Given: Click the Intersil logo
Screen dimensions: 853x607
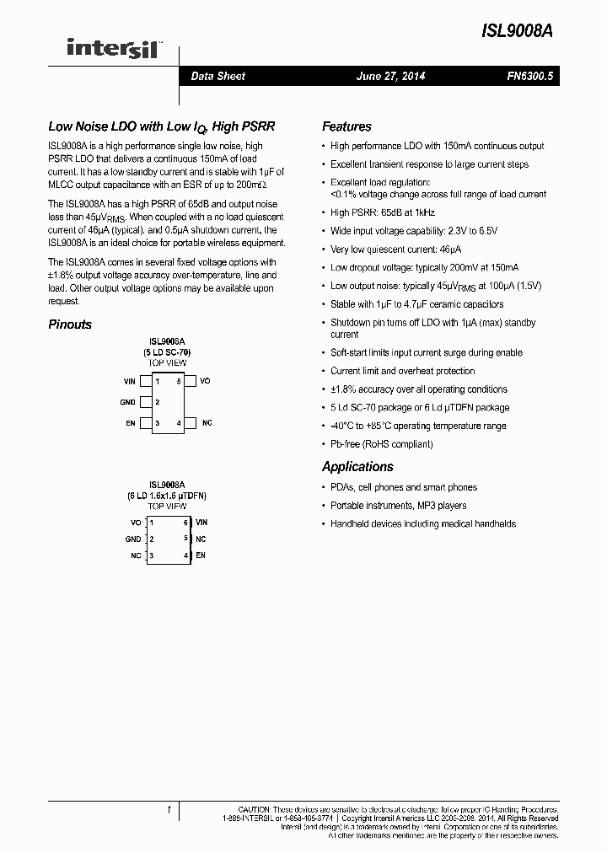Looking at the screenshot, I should pos(115,50).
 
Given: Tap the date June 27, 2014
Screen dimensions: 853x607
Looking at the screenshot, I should pos(390,76).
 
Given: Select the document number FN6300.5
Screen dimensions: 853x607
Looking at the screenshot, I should pos(529,76).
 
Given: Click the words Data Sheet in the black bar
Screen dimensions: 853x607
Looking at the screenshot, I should pos(218,76).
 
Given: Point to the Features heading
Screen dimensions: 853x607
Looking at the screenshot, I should pos(346,126).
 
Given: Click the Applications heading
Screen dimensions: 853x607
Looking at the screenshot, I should pos(357,466).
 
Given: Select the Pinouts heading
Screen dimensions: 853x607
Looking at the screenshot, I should pos(70,325).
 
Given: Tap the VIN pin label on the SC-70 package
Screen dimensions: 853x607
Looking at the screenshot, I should pos(129,382).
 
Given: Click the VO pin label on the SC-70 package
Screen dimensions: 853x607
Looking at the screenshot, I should pos(205,382).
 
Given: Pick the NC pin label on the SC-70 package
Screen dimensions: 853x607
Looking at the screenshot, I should pos(207,422).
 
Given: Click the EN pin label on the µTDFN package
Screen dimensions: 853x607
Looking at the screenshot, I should pos(201,555).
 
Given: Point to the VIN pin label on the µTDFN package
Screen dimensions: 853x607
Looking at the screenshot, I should pos(201,523).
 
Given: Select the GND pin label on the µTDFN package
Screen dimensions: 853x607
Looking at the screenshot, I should pos(133,539).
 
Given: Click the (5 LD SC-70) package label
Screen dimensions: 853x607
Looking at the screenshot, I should pos(167,351).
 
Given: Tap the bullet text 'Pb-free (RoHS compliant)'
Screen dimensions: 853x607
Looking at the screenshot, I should pos(381,444).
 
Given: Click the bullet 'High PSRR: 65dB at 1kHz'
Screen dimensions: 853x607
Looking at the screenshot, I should pos(382,213).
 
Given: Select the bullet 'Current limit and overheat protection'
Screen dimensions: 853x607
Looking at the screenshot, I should pos(402,371).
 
